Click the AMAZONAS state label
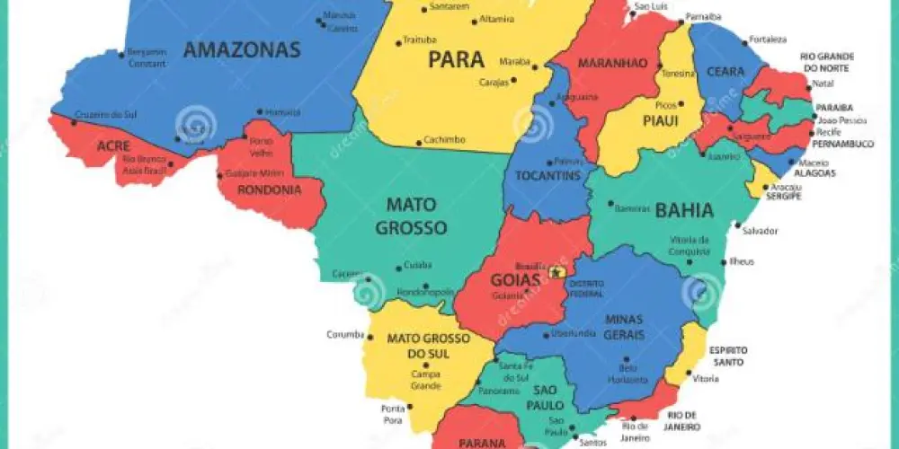[x=241, y=50]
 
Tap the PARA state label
[x=456, y=60]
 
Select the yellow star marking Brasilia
[x=556, y=272]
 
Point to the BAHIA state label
[x=684, y=211]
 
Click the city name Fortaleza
[x=769, y=40]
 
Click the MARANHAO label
[x=612, y=63]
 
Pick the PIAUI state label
[x=660, y=120]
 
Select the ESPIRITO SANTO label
[x=727, y=356]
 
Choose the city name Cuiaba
[x=417, y=265]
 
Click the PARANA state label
[x=481, y=443]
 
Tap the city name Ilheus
[x=743, y=261]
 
